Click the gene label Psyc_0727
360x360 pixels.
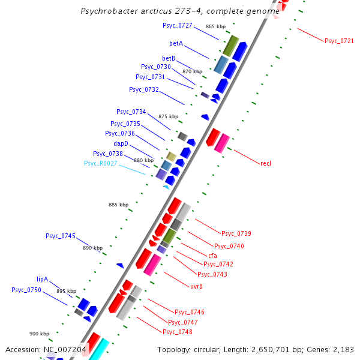177,25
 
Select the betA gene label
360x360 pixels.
176,43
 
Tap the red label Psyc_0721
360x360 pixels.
339,41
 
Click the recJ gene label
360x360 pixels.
266,163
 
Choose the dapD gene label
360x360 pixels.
121,143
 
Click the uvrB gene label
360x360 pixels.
196,286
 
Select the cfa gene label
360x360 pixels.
213,256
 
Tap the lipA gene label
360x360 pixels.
42,279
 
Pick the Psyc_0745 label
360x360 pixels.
61,236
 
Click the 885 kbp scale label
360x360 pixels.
119,205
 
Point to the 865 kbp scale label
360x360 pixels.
215,26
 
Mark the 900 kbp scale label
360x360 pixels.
39,334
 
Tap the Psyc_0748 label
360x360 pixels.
178,332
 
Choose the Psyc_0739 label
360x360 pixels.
236,233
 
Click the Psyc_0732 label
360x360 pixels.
144,89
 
